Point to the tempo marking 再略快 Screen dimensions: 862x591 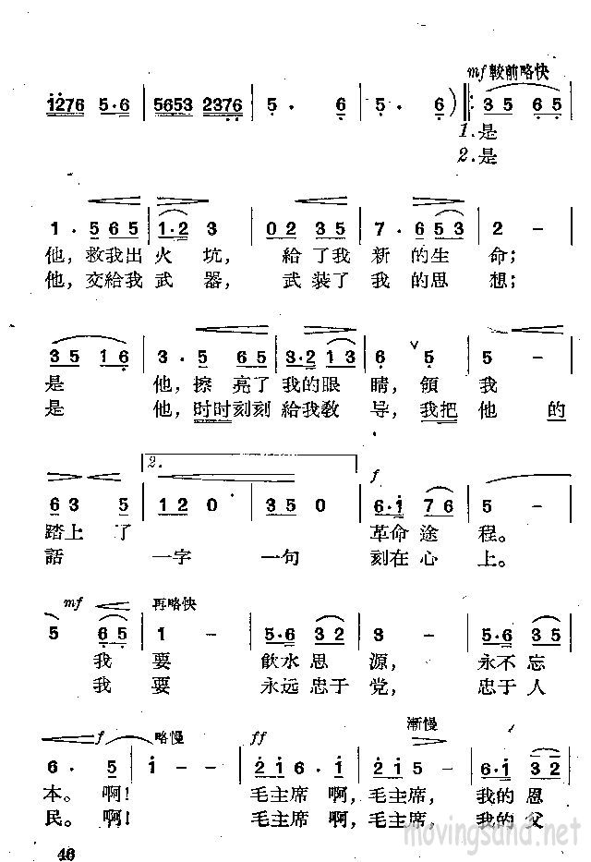tap(175, 605)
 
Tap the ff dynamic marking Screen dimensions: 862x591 tap(258, 739)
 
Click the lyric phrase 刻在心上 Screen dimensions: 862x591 tap(439, 558)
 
